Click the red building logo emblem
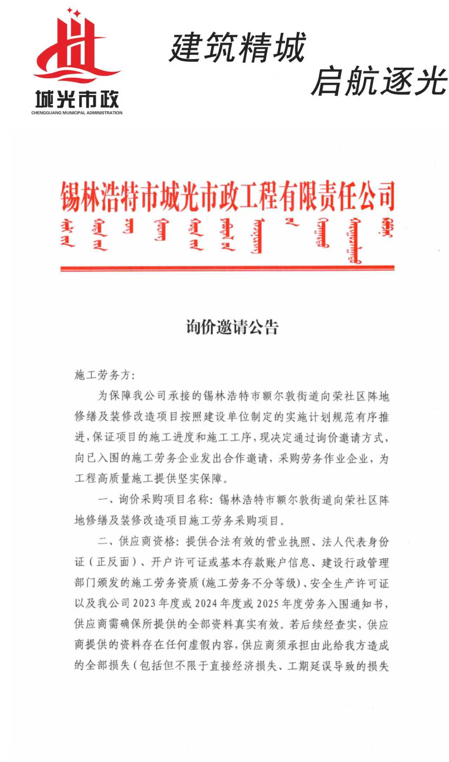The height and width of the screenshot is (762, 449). click(77, 47)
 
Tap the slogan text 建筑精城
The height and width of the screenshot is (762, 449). click(237, 47)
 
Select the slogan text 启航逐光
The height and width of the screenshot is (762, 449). click(379, 82)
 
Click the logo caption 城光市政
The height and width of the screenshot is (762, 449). click(77, 99)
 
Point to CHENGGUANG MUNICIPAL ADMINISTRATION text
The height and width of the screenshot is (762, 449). click(77, 113)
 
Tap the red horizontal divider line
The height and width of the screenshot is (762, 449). click(227, 268)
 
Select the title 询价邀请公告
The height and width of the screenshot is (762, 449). click(232, 327)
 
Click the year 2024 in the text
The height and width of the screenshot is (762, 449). click(207, 604)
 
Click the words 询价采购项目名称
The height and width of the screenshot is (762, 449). click(163, 500)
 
